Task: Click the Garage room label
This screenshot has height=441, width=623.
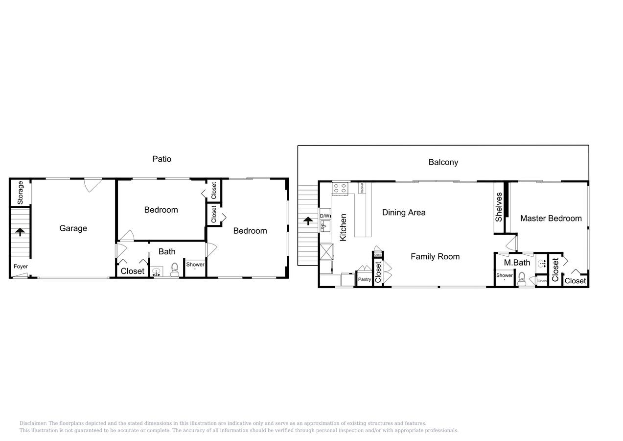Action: click(73, 228)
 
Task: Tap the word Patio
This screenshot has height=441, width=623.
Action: click(162, 159)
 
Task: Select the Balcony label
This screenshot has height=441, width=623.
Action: click(443, 162)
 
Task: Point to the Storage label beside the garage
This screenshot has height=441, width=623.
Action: click(20, 193)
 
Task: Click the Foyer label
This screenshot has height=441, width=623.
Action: click(21, 267)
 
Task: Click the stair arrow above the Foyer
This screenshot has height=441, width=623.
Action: click(20, 232)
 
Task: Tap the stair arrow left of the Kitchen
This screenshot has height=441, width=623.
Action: click(308, 220)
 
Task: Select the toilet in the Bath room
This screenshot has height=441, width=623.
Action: click(174, 270)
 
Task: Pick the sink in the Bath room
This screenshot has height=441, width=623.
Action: click(157, 272)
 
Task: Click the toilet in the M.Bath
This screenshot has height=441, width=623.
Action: click(522, 279)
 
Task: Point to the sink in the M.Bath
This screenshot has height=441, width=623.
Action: click(542, 264)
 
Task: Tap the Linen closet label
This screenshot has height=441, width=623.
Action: click(542, 281)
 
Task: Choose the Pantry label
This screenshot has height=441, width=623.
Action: click(364, 279)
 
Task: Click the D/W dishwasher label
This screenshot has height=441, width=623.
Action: click(325, 216)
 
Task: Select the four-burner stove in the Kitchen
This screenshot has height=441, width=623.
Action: click(340, 188)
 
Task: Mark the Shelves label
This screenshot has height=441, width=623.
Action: click(499, 207)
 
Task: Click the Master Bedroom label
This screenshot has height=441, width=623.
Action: click(551, 219)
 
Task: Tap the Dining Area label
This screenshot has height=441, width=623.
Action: click(404, 212)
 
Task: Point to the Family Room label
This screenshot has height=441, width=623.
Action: click(435, 256)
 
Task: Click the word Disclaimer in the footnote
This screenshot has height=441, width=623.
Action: click(33, 423)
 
